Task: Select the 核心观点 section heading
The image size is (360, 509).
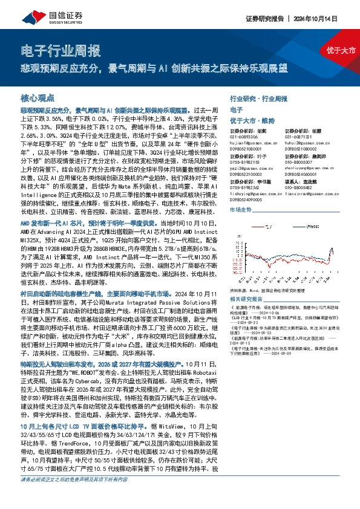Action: pyautogui.click(x=38, y=97)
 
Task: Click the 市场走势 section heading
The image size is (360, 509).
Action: pyautogui.click(x=241, y=209)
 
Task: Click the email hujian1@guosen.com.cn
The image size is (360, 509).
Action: pyautogui.click(x=248, y=143)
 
